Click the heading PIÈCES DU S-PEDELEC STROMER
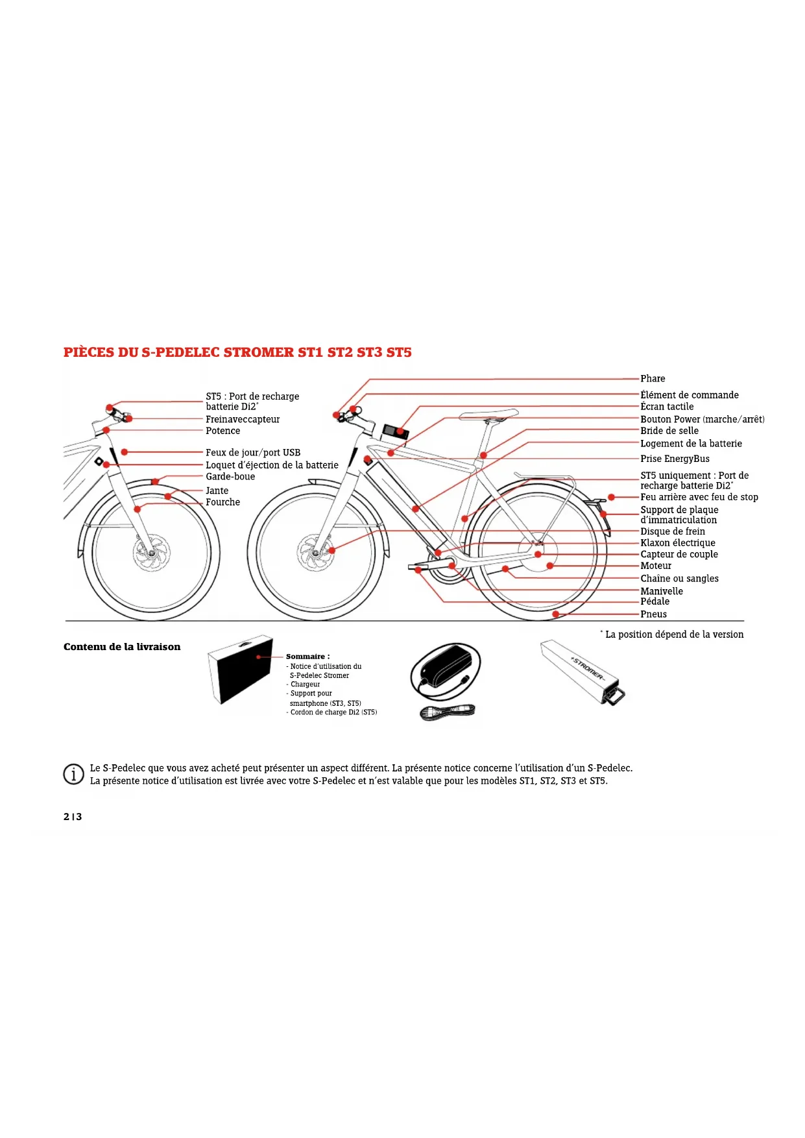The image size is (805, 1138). click(x=237, y=352)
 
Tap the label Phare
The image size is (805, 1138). click(x=653, y=379)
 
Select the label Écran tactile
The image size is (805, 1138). click(x=667, y=407)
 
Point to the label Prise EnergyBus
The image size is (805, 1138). click(x=675, y=459)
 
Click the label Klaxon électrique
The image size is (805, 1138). click(x=678, y=543)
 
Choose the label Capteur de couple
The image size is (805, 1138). click(x=679, y=555)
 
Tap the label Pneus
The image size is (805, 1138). click(x=653, y=614)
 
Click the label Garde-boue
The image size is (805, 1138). click(x=230, y=477)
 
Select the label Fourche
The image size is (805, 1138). click(x=222, y=502)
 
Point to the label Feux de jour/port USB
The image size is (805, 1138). click(x=253, y=453)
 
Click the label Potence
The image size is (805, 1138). click(x=222, y=431)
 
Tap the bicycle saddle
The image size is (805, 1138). click(x=488, y=415)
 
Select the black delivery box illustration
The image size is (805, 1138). click(x=240, y=670)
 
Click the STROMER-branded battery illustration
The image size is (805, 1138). click(x=583, y=672)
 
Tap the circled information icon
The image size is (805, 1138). click(x=73, y=774)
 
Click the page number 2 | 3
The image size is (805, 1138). click(x=73, y=817)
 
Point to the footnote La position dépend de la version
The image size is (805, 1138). click(x=674, y=635)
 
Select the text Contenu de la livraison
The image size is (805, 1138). click(x=122, y=647)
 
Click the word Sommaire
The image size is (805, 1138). click(x=307, y=657)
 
